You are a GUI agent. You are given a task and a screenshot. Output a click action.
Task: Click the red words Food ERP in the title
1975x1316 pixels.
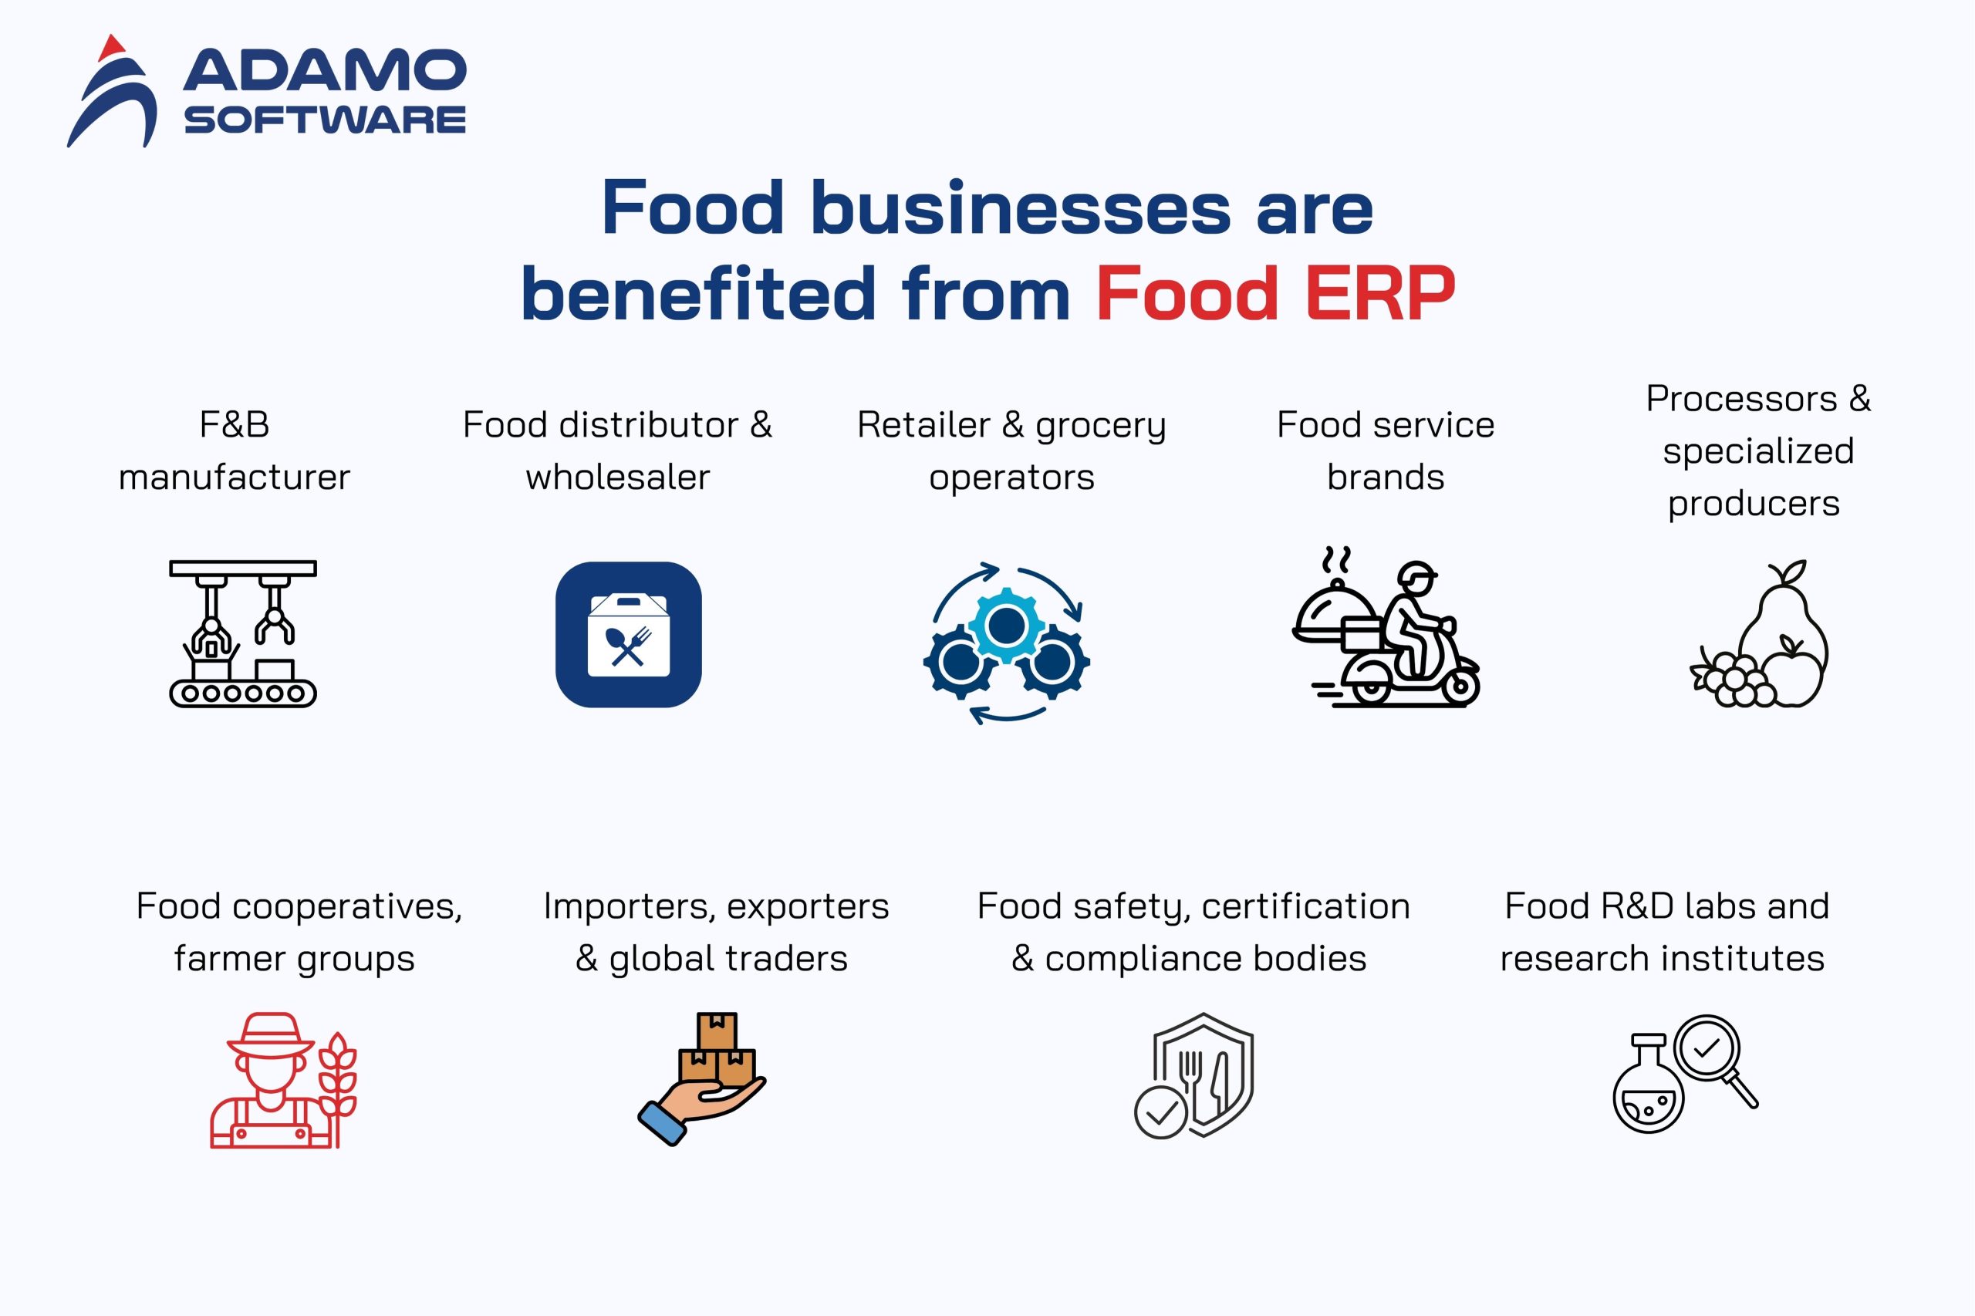pos(1274,293)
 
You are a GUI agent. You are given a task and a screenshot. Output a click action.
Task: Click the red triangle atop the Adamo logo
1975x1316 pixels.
pos(111,48)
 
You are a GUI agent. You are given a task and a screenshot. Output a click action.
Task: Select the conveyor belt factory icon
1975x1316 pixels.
pos(242,633)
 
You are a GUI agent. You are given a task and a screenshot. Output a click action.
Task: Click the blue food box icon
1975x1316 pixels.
pos(629,635)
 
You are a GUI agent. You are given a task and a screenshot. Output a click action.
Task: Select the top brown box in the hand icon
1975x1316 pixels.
pos(717,1030)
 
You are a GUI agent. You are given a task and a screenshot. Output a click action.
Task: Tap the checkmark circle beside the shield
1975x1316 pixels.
pos(1161,1112)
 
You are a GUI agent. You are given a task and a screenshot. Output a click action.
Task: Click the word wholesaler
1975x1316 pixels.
pos(618,477)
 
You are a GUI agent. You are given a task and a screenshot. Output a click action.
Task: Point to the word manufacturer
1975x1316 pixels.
pos(235,477)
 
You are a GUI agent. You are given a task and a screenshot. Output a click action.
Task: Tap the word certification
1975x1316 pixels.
pos(1306,906)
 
